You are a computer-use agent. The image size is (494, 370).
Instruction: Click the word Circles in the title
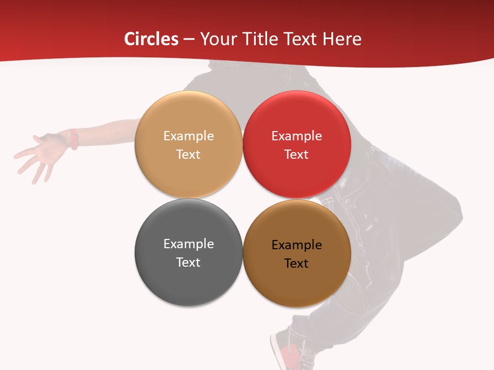(151, 39)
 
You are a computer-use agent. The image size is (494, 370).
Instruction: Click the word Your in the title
(217, 39)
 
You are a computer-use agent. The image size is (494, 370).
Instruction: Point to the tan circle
(188, 170)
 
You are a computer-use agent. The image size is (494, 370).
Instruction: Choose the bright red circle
(297, 170)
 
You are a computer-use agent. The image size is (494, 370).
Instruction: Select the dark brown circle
(297, 280)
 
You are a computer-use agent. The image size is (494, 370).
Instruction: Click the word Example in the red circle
(296, 136)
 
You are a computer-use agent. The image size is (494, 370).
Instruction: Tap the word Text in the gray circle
(188, 262)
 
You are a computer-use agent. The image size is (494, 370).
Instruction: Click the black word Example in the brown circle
(296, 245)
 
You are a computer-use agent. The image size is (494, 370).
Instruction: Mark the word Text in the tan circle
(188, 154)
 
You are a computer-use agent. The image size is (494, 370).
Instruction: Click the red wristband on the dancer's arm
(74, 139)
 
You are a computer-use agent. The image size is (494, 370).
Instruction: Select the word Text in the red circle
(296, 154)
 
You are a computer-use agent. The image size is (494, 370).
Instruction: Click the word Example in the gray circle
(188, 244)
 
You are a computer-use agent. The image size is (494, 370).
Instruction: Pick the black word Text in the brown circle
(296, 263)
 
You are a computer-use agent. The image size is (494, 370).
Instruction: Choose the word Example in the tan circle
(188, 136)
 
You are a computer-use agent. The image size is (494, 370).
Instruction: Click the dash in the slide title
(189, 40)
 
